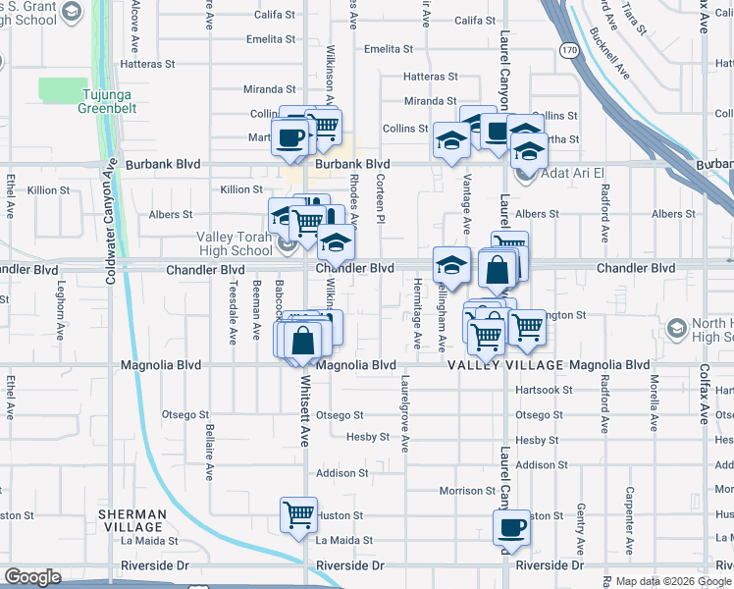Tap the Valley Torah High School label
233,243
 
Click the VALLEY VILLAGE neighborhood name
506,365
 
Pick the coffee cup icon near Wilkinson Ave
290,137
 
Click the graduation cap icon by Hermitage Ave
451,264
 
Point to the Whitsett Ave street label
305,432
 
